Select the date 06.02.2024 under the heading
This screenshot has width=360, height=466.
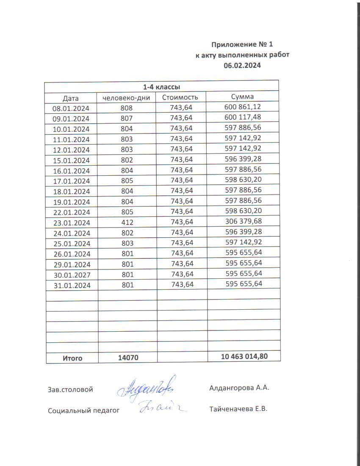[242, 65]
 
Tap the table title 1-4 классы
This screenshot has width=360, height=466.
[161, 87]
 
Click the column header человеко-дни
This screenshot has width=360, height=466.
[127, 98]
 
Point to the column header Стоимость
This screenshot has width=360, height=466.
[180, 97]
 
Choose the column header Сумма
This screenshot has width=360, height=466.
[242, 97]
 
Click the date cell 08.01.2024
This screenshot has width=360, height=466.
[71, 108]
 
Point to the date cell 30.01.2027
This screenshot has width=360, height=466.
[71, 275]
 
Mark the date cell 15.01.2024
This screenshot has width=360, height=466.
[71, 160]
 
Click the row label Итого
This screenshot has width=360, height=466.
[72, 358]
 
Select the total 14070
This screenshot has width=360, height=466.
[128, 358]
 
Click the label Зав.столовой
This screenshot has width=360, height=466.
[70, 389]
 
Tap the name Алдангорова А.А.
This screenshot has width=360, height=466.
[239, 388]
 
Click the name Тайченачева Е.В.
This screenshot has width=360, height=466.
[238, 409]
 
